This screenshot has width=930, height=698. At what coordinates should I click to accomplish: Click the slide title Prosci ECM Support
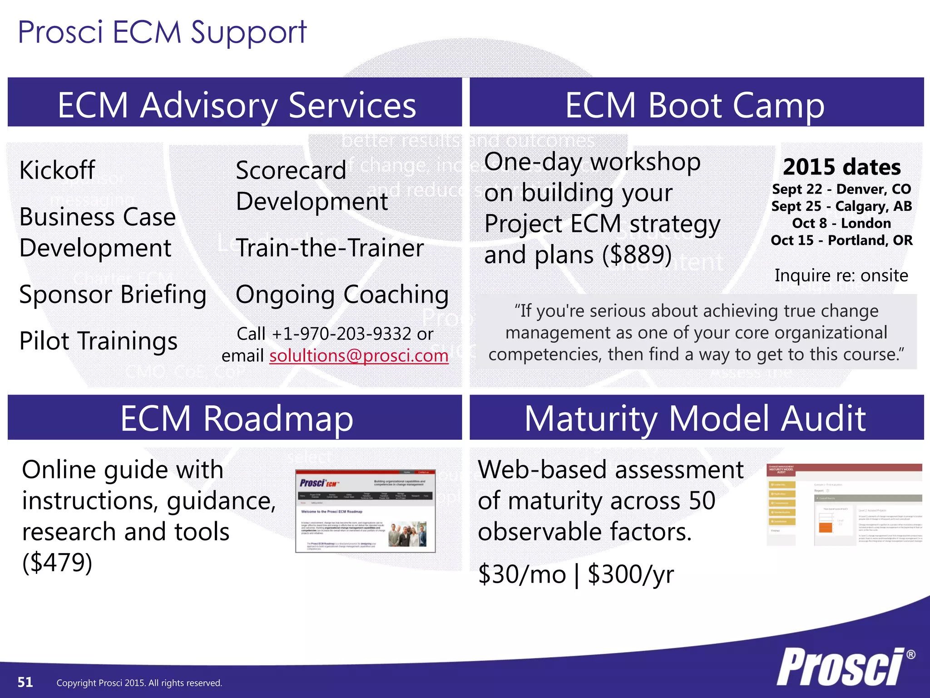162,33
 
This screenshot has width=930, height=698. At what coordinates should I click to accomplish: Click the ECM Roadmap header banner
236,418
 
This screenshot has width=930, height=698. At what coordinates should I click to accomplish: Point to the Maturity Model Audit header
695,418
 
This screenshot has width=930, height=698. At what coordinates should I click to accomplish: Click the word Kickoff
57,170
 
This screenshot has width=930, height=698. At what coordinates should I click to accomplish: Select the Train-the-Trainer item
330,248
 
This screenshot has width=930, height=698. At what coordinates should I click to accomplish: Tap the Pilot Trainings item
98,341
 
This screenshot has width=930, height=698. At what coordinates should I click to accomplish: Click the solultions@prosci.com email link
359,356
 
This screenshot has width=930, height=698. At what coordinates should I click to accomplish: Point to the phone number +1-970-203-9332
341,334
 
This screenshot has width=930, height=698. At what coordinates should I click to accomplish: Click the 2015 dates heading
841,167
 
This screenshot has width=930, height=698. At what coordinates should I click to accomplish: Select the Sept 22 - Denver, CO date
841,189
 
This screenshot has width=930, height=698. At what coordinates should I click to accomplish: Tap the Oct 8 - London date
841,223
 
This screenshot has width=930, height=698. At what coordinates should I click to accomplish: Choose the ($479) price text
57,563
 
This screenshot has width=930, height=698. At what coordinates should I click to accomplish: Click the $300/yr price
630,574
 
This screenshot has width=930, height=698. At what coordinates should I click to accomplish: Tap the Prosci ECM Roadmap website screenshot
365,511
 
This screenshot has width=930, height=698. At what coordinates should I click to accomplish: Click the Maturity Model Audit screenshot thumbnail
844,504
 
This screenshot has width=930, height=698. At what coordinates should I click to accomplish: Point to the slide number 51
25,682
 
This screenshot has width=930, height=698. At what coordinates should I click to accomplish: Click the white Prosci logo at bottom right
842,667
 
